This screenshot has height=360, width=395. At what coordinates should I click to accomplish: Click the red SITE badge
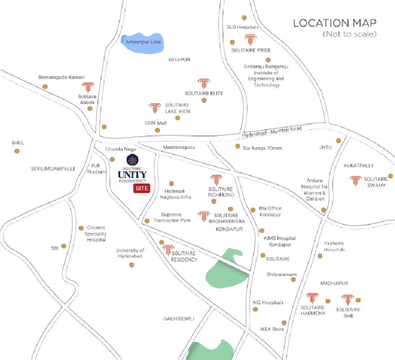point(141,189)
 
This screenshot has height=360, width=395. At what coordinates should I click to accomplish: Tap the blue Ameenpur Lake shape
point(143,42)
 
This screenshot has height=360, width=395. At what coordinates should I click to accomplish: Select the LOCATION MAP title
point(334,23)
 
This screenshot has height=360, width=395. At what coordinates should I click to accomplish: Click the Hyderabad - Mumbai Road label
point(271,132)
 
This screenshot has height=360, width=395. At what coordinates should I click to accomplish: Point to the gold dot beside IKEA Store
point(284,323)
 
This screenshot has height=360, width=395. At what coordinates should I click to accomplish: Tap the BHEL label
point(18,143)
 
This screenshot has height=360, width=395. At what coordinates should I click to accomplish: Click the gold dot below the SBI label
point(64,246)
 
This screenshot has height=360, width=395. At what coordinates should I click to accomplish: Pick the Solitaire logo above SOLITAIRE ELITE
point(204,83)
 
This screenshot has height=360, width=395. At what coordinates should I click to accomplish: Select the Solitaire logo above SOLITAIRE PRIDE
point(250,40)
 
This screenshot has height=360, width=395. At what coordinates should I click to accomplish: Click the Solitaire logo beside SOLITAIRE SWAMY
point(355,181)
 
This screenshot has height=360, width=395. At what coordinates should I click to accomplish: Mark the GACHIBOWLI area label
point(179,319)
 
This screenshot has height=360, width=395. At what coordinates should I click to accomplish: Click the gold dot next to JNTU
point(338,140)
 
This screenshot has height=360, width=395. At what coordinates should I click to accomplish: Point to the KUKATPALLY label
point(358,166)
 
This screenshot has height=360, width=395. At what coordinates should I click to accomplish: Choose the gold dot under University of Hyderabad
point(132,265)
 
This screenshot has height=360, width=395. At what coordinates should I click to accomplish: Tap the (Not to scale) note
point(350,35)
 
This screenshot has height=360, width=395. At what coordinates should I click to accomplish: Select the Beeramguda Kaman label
point(61,77)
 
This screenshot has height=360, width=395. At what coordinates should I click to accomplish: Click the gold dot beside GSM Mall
point(157,130)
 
